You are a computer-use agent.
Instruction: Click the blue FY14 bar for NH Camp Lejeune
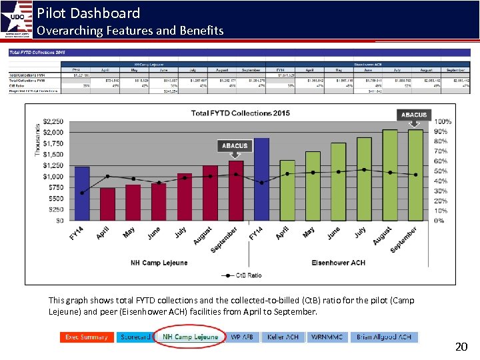coord(82,193)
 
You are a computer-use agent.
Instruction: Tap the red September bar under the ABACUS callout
coord(236,190)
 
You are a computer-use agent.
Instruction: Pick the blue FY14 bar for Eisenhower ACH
coord(261,179)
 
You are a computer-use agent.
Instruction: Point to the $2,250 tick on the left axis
coord(53,121)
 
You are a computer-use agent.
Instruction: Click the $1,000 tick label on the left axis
coord(53,177)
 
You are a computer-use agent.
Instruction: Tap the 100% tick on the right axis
coord(443,121)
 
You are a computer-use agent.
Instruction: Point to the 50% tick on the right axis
coord(441,171)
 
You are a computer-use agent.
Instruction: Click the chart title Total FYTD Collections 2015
coord(240,113)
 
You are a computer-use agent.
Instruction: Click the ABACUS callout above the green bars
coord(414,115)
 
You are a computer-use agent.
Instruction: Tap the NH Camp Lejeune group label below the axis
coord(159,263)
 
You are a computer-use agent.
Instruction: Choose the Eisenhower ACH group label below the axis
coord(339,263)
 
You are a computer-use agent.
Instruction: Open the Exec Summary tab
coord(86,337)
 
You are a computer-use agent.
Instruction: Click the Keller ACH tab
coord(283,337)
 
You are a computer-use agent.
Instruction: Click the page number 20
coord(461,347)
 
